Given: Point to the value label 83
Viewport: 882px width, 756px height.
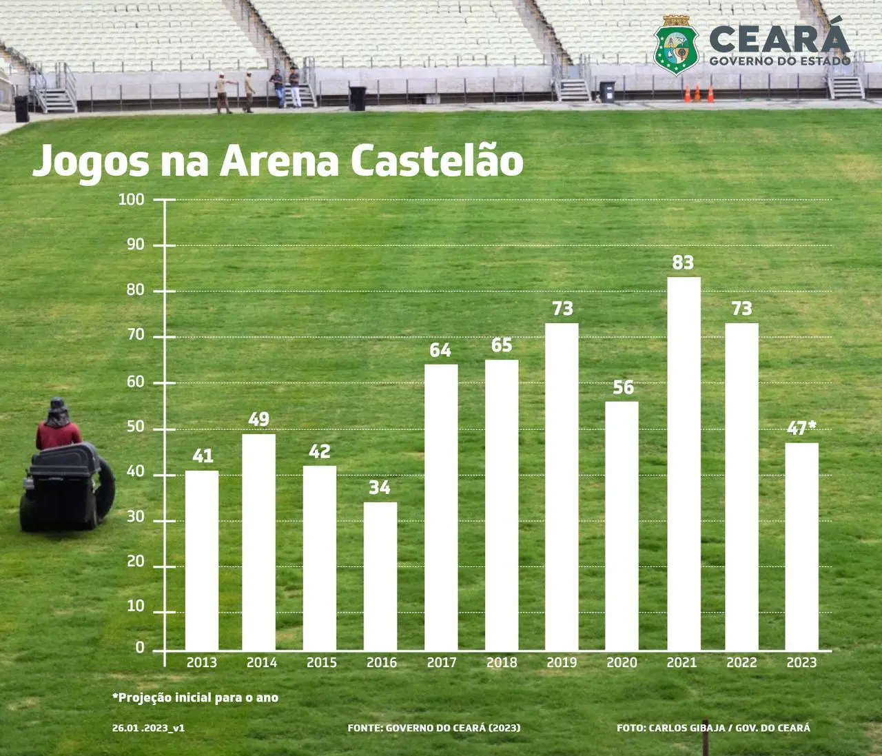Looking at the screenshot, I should (x=683, y=263).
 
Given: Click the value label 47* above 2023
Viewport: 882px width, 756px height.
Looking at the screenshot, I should (x=801, y=428).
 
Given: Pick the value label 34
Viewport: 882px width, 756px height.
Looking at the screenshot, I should (x=380, y=488).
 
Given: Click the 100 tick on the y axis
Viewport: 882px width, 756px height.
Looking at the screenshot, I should (x=132, y=200).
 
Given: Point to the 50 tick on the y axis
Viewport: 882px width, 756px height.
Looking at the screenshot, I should (x=136, y=427).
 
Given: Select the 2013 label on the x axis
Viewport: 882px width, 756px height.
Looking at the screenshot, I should (x=202, y=663).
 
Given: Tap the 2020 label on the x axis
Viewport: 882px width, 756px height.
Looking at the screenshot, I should (x=622, y=663).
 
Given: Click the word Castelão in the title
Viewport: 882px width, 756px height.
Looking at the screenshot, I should (x=437, y=161).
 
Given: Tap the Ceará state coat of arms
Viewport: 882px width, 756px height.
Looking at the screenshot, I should (x=676, y=45).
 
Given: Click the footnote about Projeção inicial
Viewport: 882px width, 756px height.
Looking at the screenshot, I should (x=196, y=697).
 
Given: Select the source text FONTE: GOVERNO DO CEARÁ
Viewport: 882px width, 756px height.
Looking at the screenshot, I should (x=434, y=728).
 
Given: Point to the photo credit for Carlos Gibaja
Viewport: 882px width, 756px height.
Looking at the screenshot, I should (x=713, y=728).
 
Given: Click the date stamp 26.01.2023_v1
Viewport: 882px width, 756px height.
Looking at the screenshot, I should (x=148, y=728).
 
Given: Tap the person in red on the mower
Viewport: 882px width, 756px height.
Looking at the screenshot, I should (x=58, y=427).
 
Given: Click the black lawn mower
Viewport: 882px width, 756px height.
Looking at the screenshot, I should (x=67, y=488).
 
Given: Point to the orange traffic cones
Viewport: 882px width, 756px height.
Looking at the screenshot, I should (x=699, y=93).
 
